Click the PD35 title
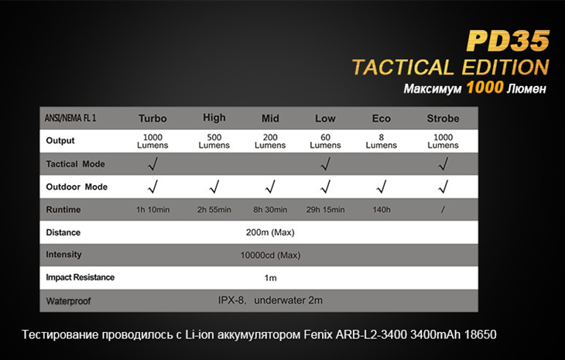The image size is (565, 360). click(508, 41)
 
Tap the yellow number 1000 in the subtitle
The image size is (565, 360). click(485, 87)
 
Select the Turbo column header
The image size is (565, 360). click(152, 118)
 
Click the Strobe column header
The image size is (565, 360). click(443, 118)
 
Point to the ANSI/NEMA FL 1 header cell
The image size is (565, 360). click(70, 118)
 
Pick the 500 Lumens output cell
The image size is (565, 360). click(214, 141)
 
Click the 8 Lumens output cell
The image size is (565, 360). click(382, 141)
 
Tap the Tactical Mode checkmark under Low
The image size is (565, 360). click(325, 164)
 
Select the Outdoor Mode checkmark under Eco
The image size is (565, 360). click(382, 187)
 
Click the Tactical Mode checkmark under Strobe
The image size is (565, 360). click(443, 164)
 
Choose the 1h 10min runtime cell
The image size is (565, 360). click(152, 210)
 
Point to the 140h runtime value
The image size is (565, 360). click(382, 210)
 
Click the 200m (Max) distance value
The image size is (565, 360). click(270, 232)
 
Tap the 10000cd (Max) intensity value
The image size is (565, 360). click(270, 255)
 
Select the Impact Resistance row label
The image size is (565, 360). click(80, 277)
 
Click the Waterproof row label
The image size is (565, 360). click(68, 301)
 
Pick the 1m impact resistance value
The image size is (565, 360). click(270, 278)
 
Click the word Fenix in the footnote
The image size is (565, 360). click(318, 334)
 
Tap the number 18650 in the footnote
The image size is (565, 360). click(481, 334)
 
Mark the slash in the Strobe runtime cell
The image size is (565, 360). click(443, 210)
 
